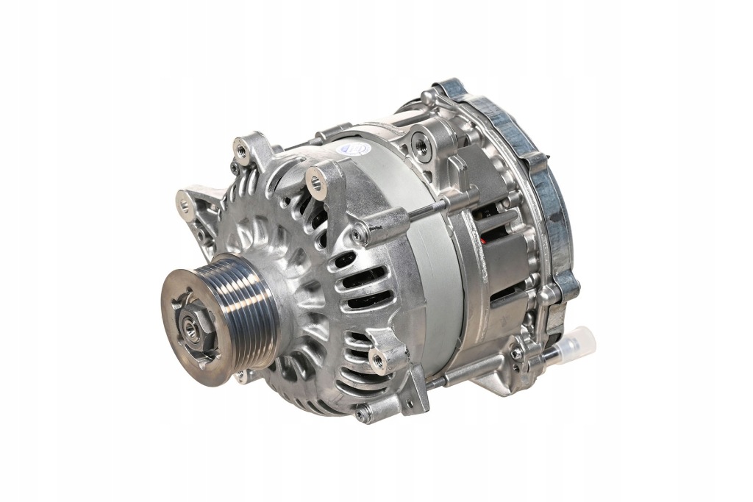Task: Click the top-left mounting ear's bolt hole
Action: point(240,151)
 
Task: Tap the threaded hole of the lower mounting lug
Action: point(379,359)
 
